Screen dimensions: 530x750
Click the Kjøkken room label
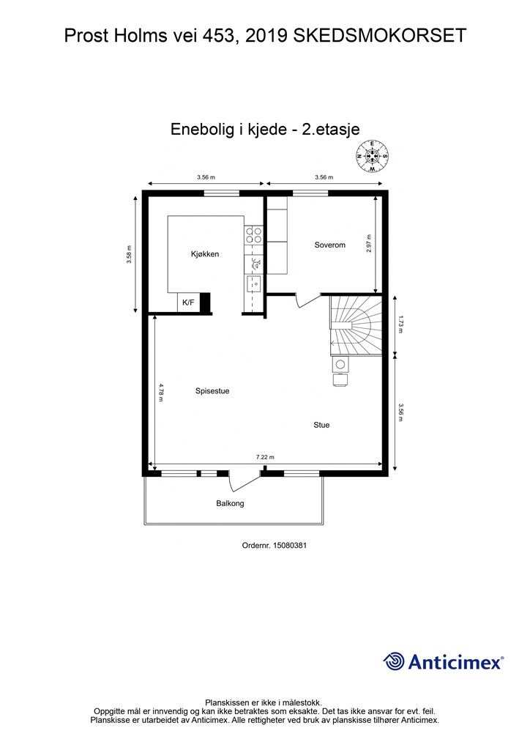click(x=205, y=254)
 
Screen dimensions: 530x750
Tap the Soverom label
click(x=329, y=245)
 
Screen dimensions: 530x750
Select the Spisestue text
click(x=212, y=391)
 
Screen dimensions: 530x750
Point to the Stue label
click(x=321, y=425)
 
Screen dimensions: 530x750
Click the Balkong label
click(x=230, y=503)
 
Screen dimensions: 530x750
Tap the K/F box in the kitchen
click(x=188, y=302)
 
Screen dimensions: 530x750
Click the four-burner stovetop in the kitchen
click(x=253, y=234)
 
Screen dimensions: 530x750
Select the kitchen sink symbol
click(x=253, y=283)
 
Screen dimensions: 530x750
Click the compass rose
click(x=372, y=155)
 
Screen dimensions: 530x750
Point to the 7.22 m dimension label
click(x=265, y=457)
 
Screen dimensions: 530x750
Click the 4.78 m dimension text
click(x=161, y=393)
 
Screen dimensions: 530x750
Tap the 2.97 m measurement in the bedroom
click(x=369, y=243)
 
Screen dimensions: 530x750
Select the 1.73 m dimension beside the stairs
click(x=400, y=324)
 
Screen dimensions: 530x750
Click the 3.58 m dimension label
click(x=129, y=254)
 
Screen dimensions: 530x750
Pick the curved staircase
click(x=356, y=326)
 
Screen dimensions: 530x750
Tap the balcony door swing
click(x=245, y=481)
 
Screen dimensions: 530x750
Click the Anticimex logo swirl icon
click(x=394, y=661)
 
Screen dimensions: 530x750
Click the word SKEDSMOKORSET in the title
click(x=379, y=36)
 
